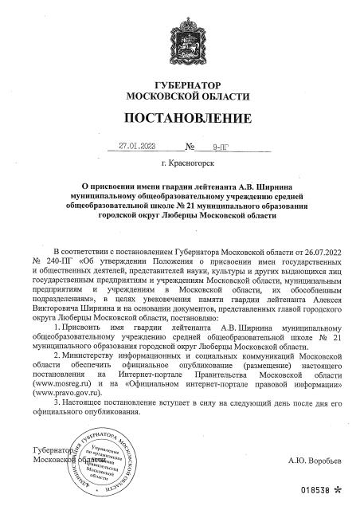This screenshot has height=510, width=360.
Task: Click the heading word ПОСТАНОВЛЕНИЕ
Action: pos(179,119)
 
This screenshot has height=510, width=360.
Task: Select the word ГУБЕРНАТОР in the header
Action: pos(179,85)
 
